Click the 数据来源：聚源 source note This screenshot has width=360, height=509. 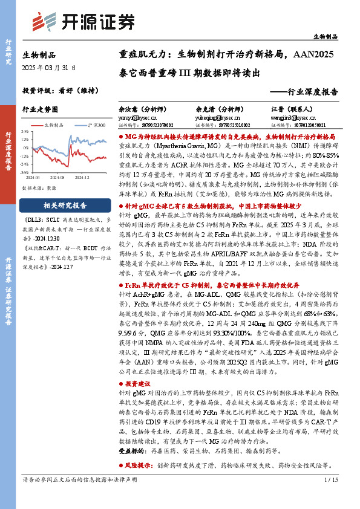click(39, 188)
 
